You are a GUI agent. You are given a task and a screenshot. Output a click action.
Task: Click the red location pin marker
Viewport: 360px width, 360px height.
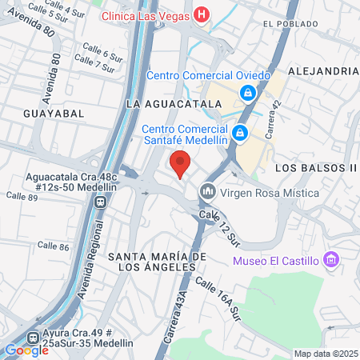pyautogui.click(x=180, y=163)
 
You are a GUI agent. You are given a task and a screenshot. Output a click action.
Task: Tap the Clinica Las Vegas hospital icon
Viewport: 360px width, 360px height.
pyautogui.click(x=202, y=14)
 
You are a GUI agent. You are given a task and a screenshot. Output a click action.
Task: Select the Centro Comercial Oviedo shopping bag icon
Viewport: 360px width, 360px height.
pyautogui.click(x=249, y=94)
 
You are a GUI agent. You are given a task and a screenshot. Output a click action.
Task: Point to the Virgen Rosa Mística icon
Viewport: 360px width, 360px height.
pyautogui.click(x=208, y=192)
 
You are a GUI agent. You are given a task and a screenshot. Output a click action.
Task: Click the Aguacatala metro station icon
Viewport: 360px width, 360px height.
pyautogui.click(x=101, y=201)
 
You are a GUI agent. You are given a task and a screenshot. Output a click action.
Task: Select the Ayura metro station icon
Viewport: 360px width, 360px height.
pyautogui.click(x=32, y=339)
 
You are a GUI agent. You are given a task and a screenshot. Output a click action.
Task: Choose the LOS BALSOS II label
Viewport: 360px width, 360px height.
pyautogui.click(x=314, y=168)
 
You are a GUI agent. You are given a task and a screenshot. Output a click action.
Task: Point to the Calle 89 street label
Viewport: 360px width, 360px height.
pyautogui.click(x=22, y=195)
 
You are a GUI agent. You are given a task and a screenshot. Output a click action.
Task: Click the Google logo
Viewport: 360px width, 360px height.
pyautogui.click(x=26, y=350)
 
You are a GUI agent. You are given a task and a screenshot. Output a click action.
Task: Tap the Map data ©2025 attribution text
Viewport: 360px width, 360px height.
pyautogui.click(x=324, y=354)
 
